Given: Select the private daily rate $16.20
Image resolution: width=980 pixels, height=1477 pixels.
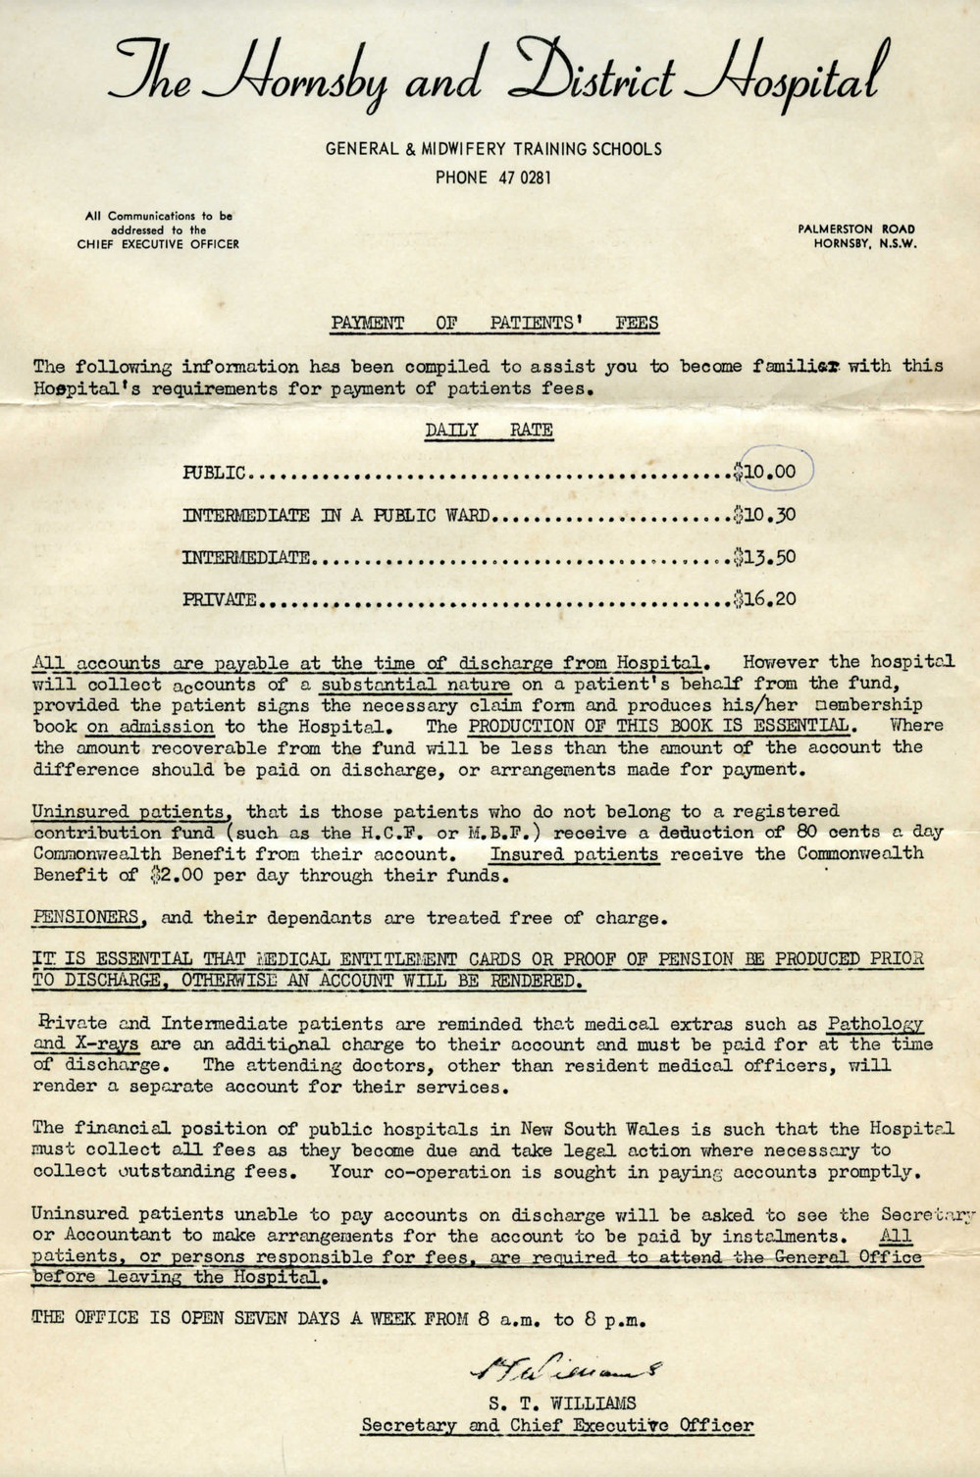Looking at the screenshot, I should [x=766, y=598].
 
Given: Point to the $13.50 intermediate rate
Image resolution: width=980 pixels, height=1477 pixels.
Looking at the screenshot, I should [x=766, y=557].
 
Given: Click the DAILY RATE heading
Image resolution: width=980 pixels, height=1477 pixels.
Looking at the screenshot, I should [x=489, y=430].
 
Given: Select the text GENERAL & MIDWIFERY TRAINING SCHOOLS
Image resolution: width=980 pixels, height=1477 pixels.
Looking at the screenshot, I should [x=493, y=149].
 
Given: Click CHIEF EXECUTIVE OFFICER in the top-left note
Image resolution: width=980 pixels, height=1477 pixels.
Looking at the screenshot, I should [x=157, y=244].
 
